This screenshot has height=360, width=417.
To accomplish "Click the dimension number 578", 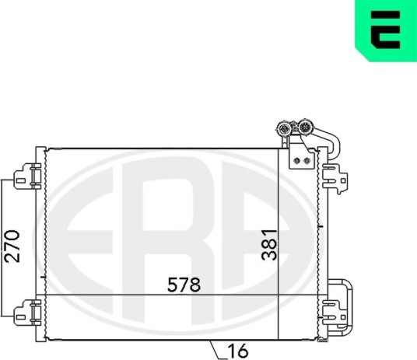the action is coord(184,285).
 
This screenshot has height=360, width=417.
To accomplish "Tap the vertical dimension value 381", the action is coord(269,245).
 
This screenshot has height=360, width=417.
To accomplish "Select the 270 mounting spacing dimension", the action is coord(12,246).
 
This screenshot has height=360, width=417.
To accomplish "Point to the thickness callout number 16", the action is coord(238,351).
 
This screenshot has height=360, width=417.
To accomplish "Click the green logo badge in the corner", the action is coord(386,30).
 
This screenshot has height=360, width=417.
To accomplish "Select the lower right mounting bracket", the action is coord(335,313).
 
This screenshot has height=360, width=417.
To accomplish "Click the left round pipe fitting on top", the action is coord(283,129).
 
